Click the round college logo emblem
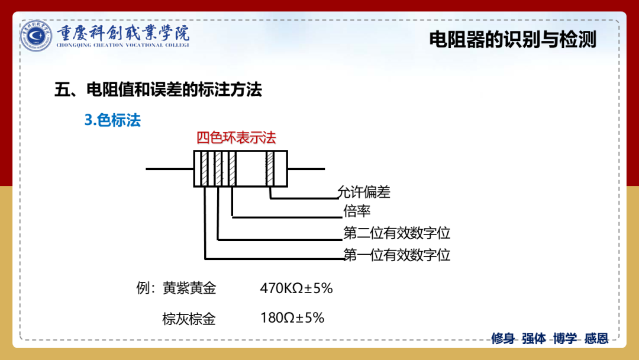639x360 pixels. [x=36, y=36]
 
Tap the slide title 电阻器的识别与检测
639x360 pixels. [x=512, y=40]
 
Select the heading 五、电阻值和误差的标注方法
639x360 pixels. [x=158, y=89]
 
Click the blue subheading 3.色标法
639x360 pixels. [x=112, y=120]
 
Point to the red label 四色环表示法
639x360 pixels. [x=236, y=138]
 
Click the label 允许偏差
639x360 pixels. [x=364, y=192]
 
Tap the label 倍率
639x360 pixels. [x=357, y=211]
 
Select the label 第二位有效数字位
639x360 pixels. [x=397, y=233]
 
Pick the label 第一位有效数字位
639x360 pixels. [x=397, y=255]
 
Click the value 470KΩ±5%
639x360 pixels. [x=296, y=288]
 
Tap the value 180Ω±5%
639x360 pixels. [x=292, y=317]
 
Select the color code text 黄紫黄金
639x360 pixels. [x=189, y=288]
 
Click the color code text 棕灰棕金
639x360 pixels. [x=189, y=319]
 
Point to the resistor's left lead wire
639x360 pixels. [x=170, y=169]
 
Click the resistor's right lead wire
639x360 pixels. [x=306, y=169]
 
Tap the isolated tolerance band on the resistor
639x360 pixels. [x=270, y=169]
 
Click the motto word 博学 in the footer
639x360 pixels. [x=565, y=339]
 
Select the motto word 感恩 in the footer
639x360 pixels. [x=596, y=339]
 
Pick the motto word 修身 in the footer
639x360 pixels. [x=503, y=339]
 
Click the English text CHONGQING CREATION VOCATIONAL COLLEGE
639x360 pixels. [x=122, y=45]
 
